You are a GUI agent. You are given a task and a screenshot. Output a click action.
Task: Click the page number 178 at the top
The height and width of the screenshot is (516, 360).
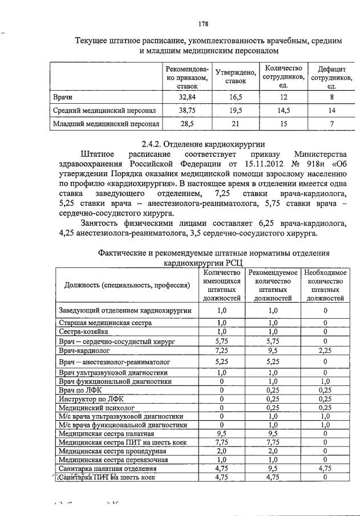(x=202, y=25)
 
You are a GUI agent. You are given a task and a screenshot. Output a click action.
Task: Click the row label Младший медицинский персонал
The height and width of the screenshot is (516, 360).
(x=106, y=123)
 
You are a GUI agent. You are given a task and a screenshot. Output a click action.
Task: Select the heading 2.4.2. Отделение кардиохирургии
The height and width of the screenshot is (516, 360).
(x=202, y=143)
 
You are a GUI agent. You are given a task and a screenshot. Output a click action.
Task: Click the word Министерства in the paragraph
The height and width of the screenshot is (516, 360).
(x=320, y=153)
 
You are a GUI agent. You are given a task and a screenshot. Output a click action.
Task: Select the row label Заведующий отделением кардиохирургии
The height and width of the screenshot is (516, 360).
(x=125, y=310)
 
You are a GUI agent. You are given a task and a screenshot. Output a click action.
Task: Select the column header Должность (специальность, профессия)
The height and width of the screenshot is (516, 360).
(x=127, y=284)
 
